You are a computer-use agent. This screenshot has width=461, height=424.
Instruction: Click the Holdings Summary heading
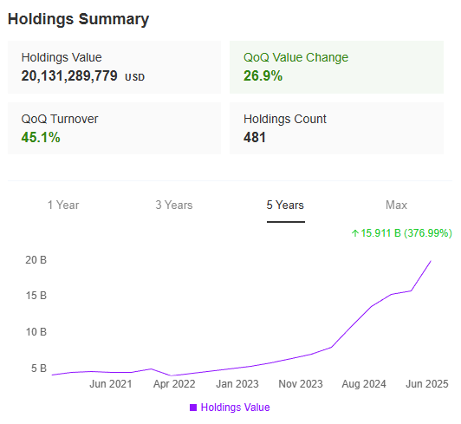[x=79, y=19]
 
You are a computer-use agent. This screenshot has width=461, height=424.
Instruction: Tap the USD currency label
[x=134, y=77]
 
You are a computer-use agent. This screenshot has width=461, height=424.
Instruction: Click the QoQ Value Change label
[x=295, y=58]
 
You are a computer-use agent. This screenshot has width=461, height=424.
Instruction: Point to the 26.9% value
[x=263, y=76]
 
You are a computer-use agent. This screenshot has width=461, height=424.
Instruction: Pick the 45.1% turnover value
[x=41, y=138]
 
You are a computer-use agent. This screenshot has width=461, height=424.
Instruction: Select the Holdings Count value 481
[x=255, y=138]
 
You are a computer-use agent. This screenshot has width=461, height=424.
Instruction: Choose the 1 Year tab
[x=63, y=205]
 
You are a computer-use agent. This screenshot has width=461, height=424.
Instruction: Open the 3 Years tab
[x=174, y=205]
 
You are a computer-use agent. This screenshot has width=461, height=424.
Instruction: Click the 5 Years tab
[x=285, y=205]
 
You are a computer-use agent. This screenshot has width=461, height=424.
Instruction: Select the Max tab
[x=396, y=205]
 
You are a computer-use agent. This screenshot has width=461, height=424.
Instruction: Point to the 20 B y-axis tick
[x=36, y=260]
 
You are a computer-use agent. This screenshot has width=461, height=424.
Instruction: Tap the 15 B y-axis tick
[x=36, y=297]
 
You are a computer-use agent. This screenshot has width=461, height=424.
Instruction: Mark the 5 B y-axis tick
[x=39, y=369]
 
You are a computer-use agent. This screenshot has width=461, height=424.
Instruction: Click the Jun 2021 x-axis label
[x=111, y=383]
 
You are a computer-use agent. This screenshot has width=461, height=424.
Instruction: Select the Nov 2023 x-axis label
[x=301, y=383]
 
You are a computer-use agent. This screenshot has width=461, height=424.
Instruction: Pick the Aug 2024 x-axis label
[x=364, y=383]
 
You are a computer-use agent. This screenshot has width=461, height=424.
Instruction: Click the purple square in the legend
[x=193, y=408]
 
